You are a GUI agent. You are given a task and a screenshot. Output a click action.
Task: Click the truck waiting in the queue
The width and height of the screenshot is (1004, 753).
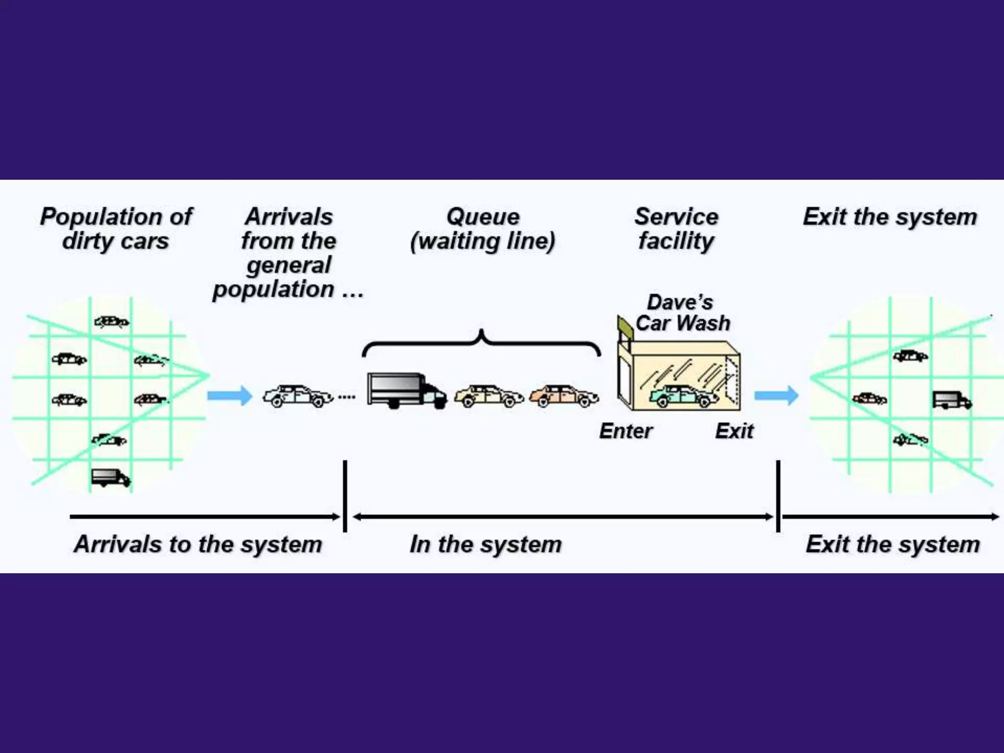tap(406, 391)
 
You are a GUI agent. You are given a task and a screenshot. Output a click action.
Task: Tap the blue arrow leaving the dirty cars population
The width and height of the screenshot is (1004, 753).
tap(229, 395)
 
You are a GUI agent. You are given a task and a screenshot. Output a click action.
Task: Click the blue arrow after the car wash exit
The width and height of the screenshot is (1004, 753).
tap(776, 395)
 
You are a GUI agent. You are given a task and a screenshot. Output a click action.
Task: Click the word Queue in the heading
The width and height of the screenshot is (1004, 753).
tap(483, 217)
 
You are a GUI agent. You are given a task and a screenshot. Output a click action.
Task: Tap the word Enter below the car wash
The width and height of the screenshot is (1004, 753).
tap(626, 431)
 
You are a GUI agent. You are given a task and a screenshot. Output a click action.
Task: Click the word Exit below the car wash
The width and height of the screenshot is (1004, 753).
tap(734, 431)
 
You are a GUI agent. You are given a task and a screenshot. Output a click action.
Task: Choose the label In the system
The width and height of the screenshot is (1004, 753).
tap(485, 545)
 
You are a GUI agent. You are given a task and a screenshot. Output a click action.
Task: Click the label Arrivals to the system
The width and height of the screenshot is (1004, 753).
tap(198, 545)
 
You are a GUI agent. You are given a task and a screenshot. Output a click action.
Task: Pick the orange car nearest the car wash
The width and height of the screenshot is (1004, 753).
tap(564, 396)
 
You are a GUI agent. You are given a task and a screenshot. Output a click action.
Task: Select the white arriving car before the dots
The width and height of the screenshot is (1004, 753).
tap(298, 396)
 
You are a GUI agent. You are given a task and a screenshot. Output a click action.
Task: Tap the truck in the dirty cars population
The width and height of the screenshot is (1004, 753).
tap(111, 477)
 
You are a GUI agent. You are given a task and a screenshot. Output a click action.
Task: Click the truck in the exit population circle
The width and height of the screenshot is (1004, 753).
tap(951, 400)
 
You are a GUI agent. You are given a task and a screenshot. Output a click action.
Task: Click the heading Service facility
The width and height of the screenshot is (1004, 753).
tap(676, 228)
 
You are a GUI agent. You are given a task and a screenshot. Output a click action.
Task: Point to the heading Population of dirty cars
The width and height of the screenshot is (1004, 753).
tap(116, 228)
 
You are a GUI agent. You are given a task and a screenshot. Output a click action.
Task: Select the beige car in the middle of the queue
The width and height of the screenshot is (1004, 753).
tap(489, 396)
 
